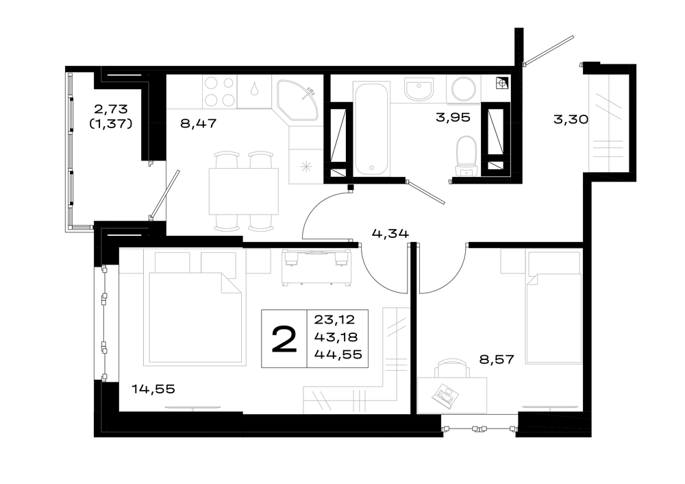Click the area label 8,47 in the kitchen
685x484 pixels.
tap(198, 123)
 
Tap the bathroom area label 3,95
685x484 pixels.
tap(453, 117)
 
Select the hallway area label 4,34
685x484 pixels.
tap(390, 234)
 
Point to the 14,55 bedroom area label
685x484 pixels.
tap(153, 389)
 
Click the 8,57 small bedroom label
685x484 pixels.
tap(497, 359)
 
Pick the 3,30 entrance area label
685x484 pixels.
tap(571, 119)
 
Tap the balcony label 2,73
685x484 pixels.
tap(111, 108)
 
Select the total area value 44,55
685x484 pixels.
tap(338, 354)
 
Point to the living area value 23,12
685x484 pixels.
tap(335, 319)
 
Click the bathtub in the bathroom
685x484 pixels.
tap(371, 129)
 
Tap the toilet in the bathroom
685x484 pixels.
tap(466, 156)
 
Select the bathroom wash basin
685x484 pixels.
tap(419, 90)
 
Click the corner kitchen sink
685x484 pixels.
tap(298, 100)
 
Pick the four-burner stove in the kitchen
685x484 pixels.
tap(219, 91)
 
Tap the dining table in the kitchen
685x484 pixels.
tap(244, 191)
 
